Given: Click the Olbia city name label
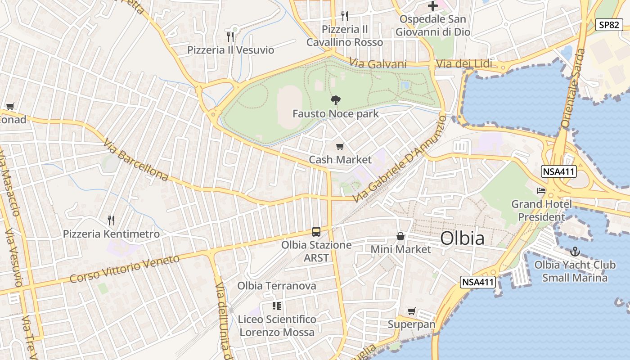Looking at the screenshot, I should coord(462,238).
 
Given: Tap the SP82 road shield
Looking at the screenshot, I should coord(609,25).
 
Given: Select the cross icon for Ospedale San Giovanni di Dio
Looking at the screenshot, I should coord(432,6).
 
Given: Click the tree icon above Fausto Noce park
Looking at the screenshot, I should coord(335,100).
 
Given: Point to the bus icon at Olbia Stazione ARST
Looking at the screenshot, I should coord(316,232).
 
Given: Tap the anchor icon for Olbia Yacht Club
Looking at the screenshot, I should coord(575,251).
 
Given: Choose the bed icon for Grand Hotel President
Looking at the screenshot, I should coord(541,191).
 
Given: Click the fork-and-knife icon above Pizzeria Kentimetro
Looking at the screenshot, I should coord(111,220).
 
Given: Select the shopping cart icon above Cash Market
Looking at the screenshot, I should coord(340,146).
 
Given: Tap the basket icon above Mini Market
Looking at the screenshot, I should coord(400,236).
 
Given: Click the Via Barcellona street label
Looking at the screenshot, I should coord(135,160).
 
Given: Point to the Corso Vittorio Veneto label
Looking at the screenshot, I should coord(124,269).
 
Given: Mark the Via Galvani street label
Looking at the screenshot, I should coord(378,64).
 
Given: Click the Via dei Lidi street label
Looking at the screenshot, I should coord(463,64).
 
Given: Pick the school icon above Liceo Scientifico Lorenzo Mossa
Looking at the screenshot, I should coord(276,306).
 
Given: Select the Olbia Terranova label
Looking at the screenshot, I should coord(276,286).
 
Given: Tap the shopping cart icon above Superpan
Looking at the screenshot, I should coord(411,311).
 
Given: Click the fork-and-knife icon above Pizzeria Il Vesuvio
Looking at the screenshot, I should coord(230,36).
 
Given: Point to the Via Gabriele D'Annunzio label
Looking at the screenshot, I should coord(399,159).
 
